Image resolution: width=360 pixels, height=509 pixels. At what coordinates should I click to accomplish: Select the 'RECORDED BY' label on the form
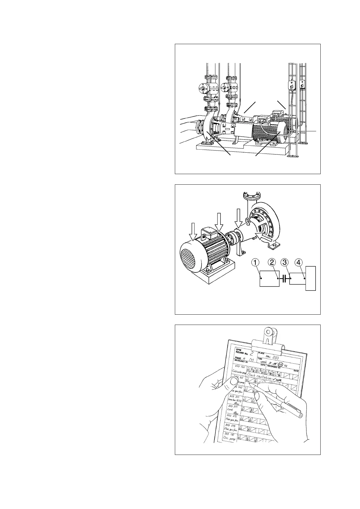pos(274,368)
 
